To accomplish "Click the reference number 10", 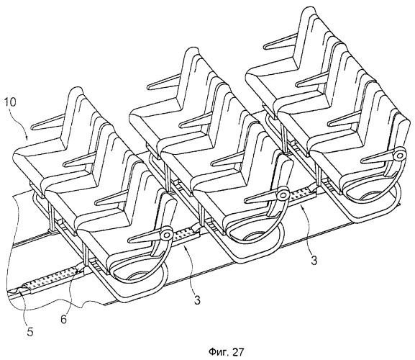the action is [11, 102].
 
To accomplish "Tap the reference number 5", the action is [30, 332].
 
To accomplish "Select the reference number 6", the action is [64, 319].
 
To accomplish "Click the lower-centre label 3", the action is [196, 300].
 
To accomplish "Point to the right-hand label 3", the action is [314, 261].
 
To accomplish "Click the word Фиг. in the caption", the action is [217, 352].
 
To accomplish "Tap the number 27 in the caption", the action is [237, 352].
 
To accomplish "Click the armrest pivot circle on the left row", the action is [167, 235].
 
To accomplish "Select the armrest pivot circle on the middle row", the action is [283, 196].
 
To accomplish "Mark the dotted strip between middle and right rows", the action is [302, 195].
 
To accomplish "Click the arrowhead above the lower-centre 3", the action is [186, 248].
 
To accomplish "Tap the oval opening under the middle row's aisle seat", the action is [254, 235].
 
